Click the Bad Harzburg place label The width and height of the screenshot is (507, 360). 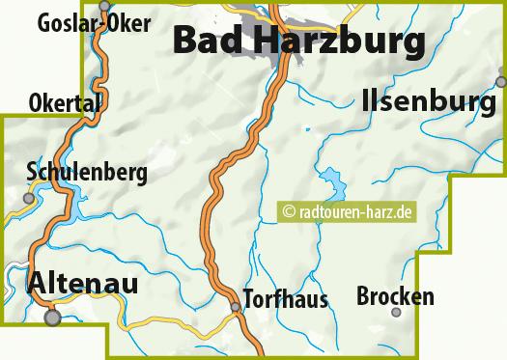(x=298, y=42)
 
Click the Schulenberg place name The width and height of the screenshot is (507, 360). (x=87, y=173)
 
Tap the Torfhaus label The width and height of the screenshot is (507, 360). (x=285, y=298)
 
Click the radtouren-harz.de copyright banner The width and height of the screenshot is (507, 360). (x=347, y=208)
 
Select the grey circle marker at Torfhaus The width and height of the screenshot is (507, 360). (x=235, y=308)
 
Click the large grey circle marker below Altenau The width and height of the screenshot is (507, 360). (x=53, y=316)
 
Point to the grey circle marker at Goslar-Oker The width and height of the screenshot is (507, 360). (x=104, y=4)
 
